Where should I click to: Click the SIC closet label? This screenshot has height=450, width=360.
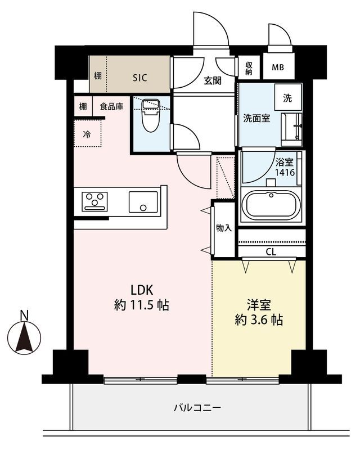140,78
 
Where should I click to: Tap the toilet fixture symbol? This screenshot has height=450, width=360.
151,115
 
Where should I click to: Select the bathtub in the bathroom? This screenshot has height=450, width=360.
271,205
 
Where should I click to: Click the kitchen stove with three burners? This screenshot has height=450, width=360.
94,201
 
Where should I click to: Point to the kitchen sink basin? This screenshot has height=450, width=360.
143,202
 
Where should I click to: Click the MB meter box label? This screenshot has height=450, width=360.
278,67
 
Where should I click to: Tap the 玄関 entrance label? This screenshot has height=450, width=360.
213,80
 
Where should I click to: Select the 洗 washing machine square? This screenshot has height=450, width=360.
287,98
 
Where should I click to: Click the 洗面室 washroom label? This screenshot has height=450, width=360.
256,118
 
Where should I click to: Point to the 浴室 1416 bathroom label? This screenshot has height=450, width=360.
285,167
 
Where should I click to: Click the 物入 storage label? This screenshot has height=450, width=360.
224,228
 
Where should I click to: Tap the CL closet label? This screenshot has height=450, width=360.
271,252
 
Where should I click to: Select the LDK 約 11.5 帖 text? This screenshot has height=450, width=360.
142,298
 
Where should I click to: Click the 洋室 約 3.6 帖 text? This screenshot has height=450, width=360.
259,312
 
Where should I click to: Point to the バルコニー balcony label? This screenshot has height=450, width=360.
197,407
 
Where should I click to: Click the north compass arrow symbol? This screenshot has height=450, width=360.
24,337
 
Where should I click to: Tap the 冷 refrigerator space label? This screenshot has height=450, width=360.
87,134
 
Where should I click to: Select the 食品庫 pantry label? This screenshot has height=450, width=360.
112,107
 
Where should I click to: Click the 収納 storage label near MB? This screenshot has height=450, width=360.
249,68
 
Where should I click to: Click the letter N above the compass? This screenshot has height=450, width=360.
24,316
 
